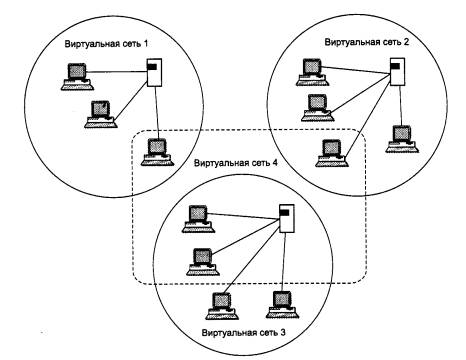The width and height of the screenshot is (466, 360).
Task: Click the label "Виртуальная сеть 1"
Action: point(106,44)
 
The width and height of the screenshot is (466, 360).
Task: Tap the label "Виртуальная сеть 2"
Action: point(366,42)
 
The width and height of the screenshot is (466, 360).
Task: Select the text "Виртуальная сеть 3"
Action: point(244,333)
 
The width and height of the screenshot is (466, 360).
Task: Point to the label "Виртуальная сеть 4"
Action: point(236,163)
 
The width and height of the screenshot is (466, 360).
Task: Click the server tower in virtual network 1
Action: point(154,73)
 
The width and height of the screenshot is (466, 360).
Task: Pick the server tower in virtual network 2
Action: point(398,71)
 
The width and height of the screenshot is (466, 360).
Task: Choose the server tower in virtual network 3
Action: point(287,218)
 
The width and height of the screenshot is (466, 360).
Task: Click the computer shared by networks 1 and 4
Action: point(158,152)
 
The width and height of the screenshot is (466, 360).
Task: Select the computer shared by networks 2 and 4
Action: point(332,153)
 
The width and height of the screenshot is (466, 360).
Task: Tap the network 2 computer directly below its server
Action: point(402,139)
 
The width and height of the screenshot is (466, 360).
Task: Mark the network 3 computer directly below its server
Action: point(283,305)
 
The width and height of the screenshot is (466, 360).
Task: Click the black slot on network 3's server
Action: point(284,212)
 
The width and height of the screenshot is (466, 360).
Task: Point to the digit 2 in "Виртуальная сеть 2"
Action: point(406,42)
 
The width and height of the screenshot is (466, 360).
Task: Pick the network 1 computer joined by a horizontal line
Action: point(78,77)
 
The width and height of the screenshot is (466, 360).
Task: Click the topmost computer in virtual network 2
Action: point(313,72)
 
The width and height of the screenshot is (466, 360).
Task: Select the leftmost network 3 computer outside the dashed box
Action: point(222,306)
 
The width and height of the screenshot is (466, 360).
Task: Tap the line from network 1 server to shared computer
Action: point(157,113)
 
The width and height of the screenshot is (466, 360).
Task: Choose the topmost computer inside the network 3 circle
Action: point(199,219)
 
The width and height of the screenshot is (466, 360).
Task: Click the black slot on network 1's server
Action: point(152,67)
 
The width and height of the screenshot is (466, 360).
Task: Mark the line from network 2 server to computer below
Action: point(400,106)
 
